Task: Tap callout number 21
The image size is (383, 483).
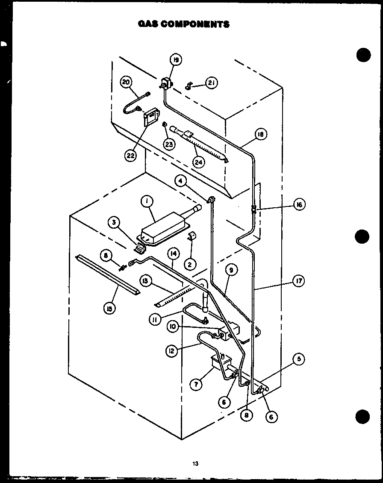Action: (211, 82)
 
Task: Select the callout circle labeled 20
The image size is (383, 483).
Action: (126, 82)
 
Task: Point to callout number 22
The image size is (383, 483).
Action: (131, 155)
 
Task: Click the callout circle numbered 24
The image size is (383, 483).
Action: (198, 162)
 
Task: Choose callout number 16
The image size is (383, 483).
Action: (299, 205)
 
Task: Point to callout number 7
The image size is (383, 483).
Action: (196, 384)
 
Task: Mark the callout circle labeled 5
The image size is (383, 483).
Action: (299, 359)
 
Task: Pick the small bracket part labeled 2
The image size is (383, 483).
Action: (192, 236)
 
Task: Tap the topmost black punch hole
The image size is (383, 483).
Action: (363, 55)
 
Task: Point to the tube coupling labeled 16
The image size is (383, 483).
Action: (253, 209)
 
